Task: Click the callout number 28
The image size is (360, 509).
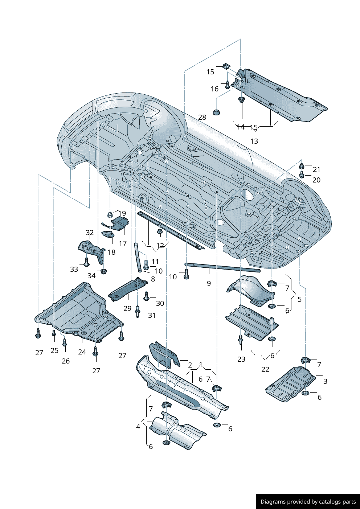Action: coord(202,117)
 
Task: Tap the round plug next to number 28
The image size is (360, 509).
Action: coord(216,112)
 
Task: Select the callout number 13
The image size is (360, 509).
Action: coord(254,141)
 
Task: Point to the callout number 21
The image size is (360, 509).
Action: coord(316,169)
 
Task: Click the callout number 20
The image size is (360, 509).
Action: coord(316,180)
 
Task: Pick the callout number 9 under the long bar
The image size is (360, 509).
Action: coord(209,283)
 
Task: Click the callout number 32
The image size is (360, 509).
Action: coord(90,233)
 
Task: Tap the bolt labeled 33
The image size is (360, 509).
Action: coord(86,262)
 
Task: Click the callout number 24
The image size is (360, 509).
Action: coord(82,352)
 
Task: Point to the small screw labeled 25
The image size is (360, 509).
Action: coord(54,333)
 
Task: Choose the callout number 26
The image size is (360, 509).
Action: coord(66,361)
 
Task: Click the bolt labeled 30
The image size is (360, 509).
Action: coord(147,296)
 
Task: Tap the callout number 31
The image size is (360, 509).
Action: coord(152,315)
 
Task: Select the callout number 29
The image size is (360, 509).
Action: coord(127,308)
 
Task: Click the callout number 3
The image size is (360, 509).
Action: coord(325,381)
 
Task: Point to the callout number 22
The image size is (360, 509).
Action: coord(265,369)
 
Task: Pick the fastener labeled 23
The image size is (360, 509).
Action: coord(241,340)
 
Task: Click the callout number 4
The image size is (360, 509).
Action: coord(138,427)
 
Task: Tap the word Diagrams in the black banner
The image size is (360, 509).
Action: coord(273,502)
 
